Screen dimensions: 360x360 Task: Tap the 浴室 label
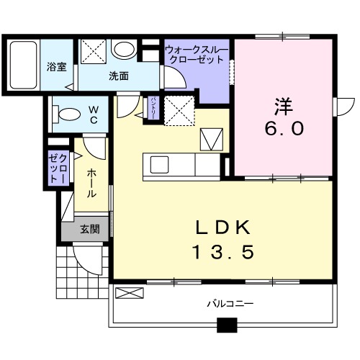(57, 67)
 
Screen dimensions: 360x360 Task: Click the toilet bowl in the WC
(68, 113)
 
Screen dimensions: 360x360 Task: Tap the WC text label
(94, 115)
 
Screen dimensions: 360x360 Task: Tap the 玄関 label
(89, 230)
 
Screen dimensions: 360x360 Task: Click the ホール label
(94, 184)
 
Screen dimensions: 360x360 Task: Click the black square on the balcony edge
(228, 326)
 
